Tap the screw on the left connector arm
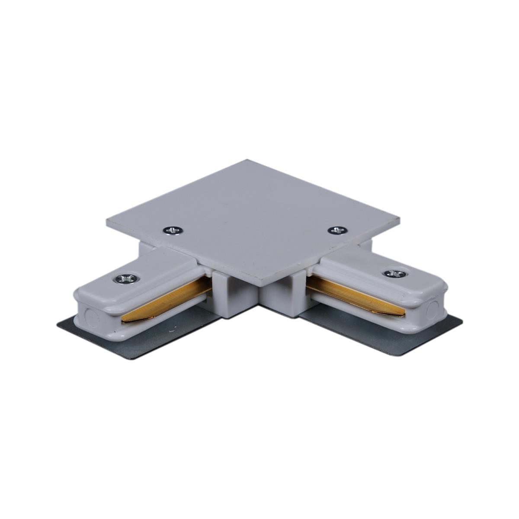click(127, 279)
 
